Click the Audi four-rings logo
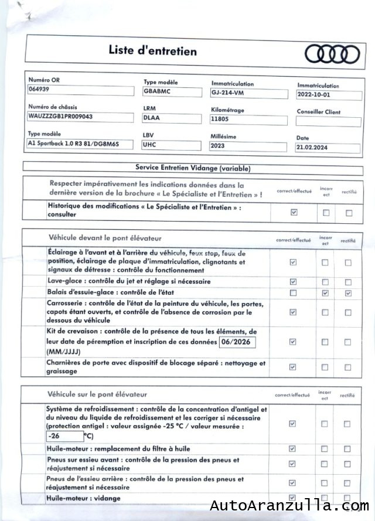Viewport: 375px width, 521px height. coord(332,54)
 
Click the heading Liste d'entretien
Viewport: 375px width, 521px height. coord(152,51)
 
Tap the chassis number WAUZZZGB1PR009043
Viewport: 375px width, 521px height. coord(60,116)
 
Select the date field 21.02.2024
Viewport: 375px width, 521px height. coord(312,148)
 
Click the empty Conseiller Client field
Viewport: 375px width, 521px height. coord(328,121)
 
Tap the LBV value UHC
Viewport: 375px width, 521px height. coord(149,144)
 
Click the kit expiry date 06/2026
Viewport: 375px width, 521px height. coord(237,342)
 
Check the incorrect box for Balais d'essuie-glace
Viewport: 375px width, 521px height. coord(325,292)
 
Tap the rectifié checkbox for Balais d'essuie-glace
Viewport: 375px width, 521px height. coord(348,292)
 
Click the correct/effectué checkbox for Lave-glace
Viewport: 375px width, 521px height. coord(293,282)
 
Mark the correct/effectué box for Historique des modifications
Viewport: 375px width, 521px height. coord(294,212)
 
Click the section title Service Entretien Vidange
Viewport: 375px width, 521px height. coord(193,168)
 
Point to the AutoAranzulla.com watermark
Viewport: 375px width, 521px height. coord(289,506)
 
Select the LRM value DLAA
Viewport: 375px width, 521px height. coord(151,118)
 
